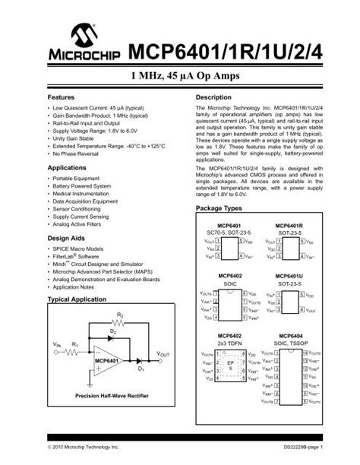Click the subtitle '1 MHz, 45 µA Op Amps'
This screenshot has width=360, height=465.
point(179,77)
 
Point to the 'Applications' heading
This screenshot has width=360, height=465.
point(67,166)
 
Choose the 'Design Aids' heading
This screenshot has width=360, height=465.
point(65,238)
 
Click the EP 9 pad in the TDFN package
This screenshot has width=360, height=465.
point(230,365)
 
